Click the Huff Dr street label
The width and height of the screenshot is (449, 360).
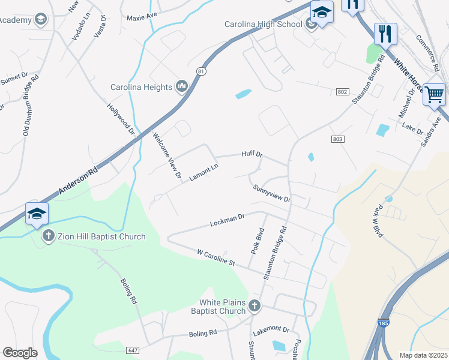coord(252,154)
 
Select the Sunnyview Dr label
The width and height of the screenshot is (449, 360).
coord(271,193)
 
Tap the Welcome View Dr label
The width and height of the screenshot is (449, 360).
coord(167,156)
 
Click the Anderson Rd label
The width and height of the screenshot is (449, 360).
coord(78,182)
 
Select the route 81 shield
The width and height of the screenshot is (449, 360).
coord(200,71)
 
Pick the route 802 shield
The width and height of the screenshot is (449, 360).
coord(342,91)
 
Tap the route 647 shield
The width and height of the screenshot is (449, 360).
coord(133,350)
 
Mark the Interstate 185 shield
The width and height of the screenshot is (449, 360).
coord(383,323)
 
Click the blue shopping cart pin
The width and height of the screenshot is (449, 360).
coord(434,94)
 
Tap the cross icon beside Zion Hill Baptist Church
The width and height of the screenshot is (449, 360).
coord(49,236)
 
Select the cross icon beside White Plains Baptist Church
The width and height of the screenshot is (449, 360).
coord(254,306)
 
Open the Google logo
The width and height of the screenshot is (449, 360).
coord(20,353)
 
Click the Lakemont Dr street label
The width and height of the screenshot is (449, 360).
coord(271,329)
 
